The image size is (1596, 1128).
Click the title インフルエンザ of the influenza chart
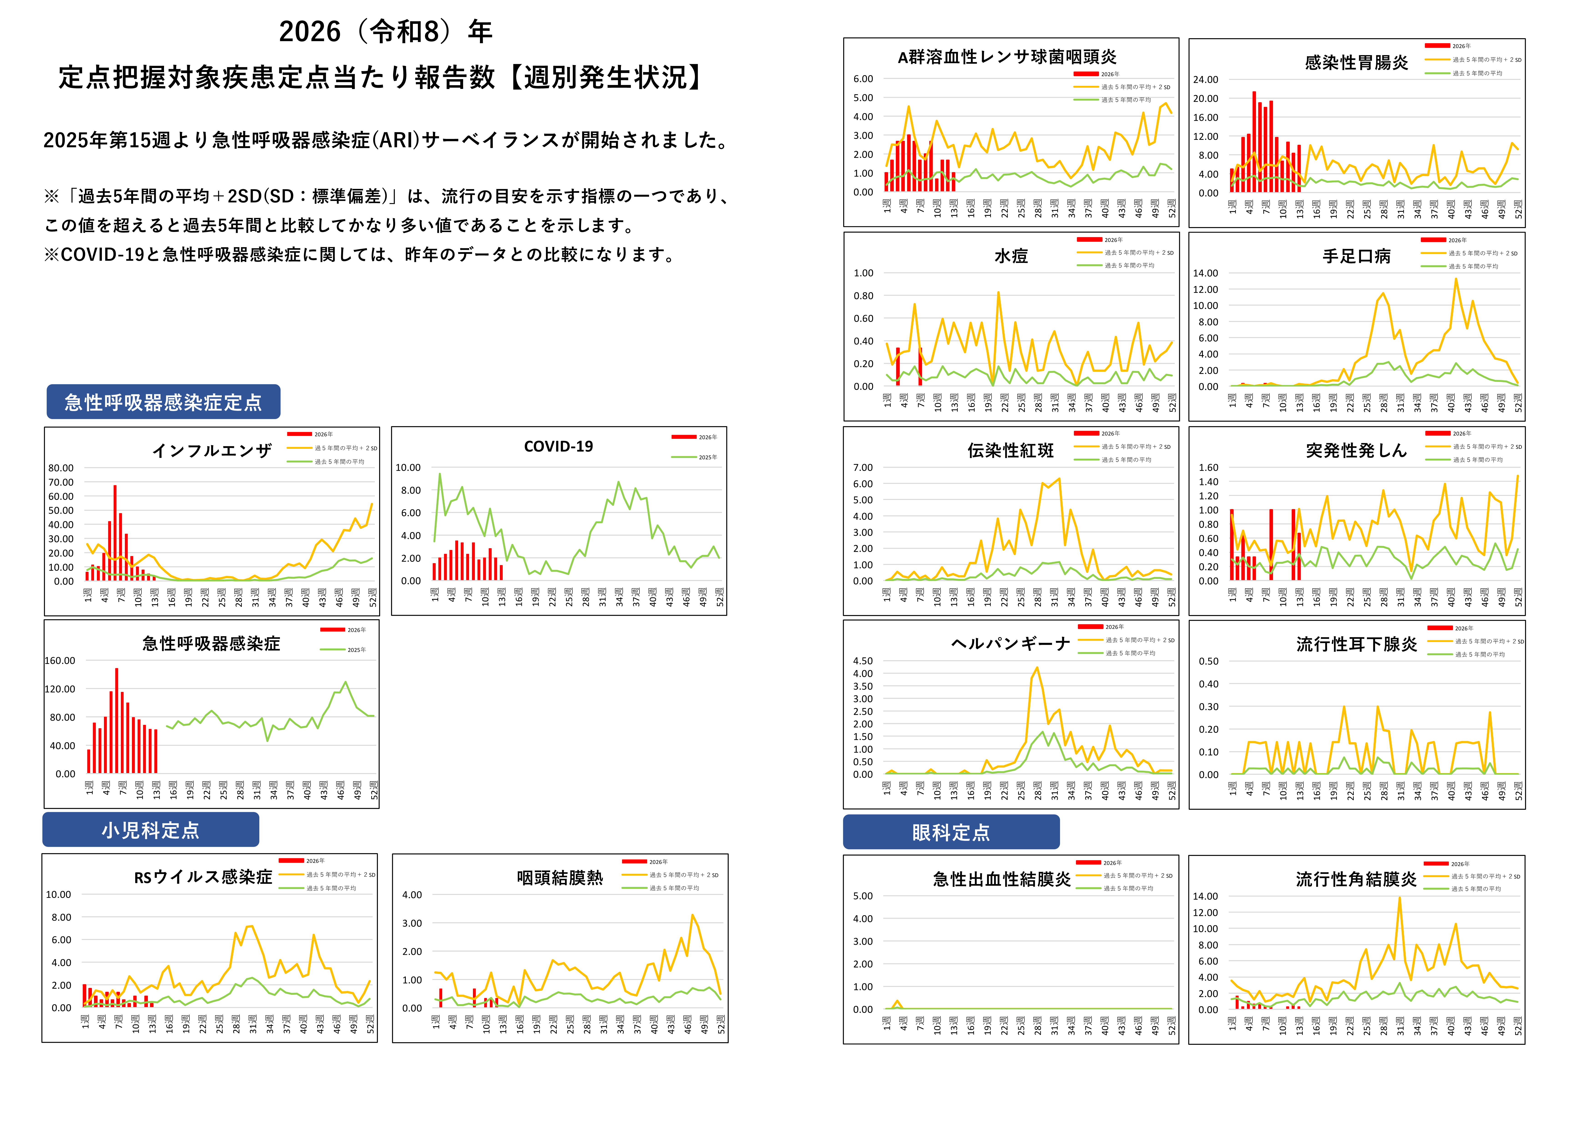[212, 451]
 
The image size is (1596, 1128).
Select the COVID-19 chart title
[558, 447]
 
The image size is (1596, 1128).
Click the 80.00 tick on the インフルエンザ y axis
[61, 468]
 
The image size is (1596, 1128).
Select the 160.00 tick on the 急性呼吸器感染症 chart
[60, 661]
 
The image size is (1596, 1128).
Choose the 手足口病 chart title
[1356, 256]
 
